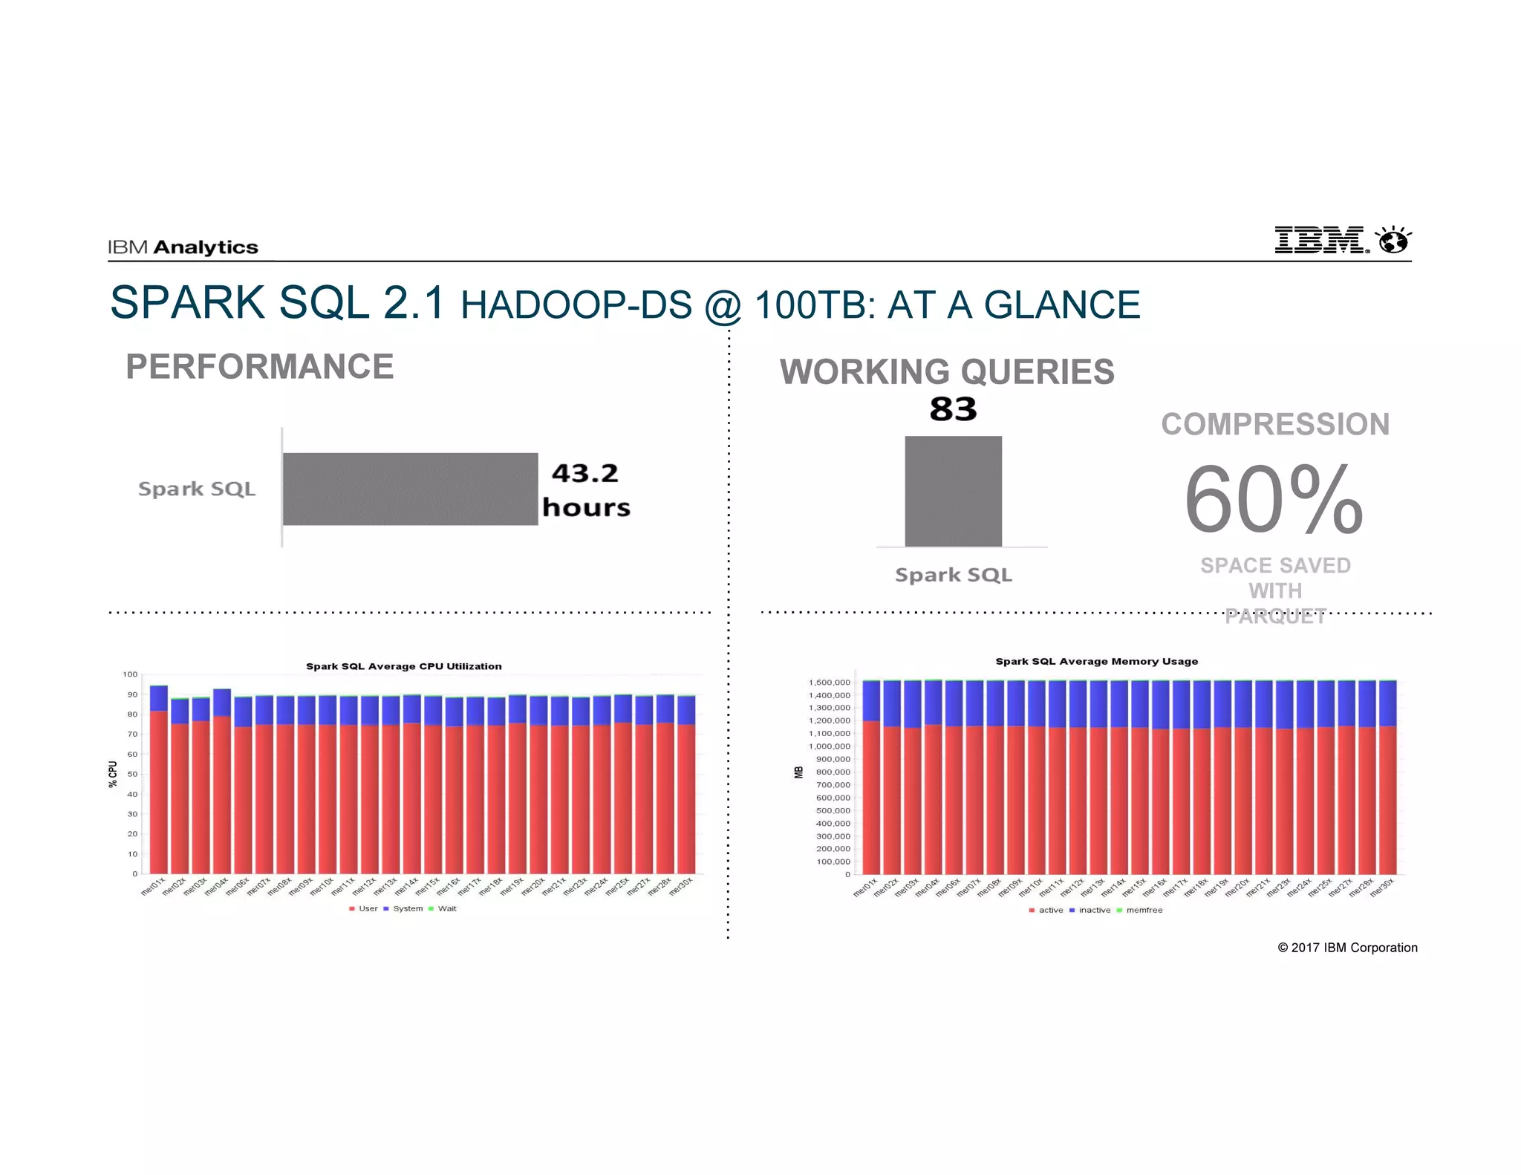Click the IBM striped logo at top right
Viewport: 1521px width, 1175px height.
[x=1320, y=240]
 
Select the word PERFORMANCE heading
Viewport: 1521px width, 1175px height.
[x=259, y=367]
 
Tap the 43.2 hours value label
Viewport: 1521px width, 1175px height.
[x=586, y=490]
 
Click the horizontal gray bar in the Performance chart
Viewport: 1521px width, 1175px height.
[x=410, y=489]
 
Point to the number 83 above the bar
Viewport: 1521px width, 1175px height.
[x=953, y=409]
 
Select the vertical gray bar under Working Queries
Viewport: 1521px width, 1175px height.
[x=953, y=492]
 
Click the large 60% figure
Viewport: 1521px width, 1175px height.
[x=1274, y=499]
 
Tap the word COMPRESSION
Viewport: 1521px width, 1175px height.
[x=1275, y=425]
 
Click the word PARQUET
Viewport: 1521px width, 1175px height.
[x=1275, y=616]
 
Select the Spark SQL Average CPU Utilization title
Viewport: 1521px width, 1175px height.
[x=403, y=666]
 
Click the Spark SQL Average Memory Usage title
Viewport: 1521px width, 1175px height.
[x=1096, y=661]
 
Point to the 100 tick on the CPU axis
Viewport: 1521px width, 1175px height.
[x=130, y=674]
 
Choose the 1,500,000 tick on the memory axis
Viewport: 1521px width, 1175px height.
[x=830, y=683]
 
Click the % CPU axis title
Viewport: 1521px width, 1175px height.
[x=113, y=774]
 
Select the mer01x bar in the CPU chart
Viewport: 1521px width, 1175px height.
[x=158, y=780]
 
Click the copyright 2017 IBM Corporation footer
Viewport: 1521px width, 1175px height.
[x=1347, y=948]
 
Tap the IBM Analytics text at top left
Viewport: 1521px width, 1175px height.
[x=183, y=247]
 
